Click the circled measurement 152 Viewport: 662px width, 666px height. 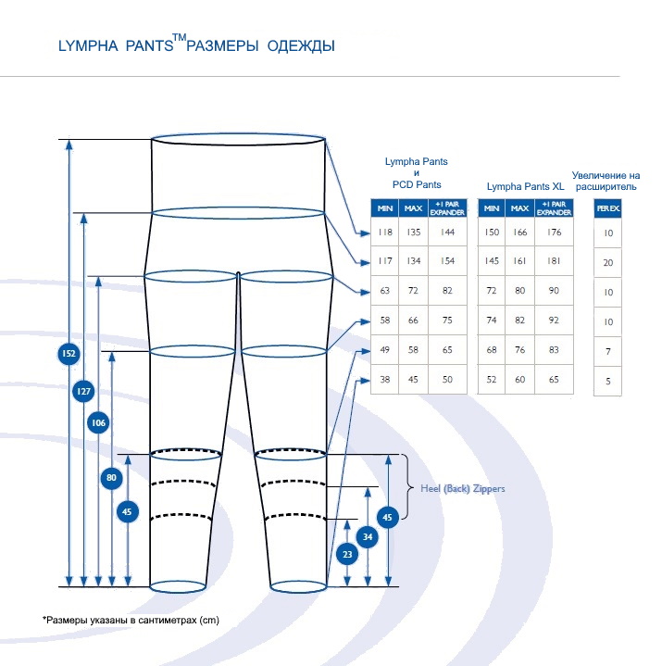coord(68,354)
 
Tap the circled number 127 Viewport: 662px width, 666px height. coord(83,392)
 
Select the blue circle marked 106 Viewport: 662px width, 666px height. coord(98,423)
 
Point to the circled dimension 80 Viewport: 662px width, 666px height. coord(112,478)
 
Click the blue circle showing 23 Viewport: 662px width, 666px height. coord(347,555)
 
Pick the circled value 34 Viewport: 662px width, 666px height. coord(368,536)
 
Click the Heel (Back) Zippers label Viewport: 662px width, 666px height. coord(463,488)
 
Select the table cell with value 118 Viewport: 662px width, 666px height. coord(384,232)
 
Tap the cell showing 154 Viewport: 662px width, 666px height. coord(447,261)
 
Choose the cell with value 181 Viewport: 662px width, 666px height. coord(554,261)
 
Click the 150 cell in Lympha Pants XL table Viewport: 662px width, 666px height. coord(492,232)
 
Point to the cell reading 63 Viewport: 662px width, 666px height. coord(384,291)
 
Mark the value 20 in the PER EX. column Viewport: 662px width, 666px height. coord(608,263)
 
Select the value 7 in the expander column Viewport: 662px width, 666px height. coord(608,352)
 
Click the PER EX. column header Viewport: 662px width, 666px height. coord(608,209)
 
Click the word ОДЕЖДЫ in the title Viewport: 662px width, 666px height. coord(301,45)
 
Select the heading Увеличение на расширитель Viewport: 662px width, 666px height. coord(606,180)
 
